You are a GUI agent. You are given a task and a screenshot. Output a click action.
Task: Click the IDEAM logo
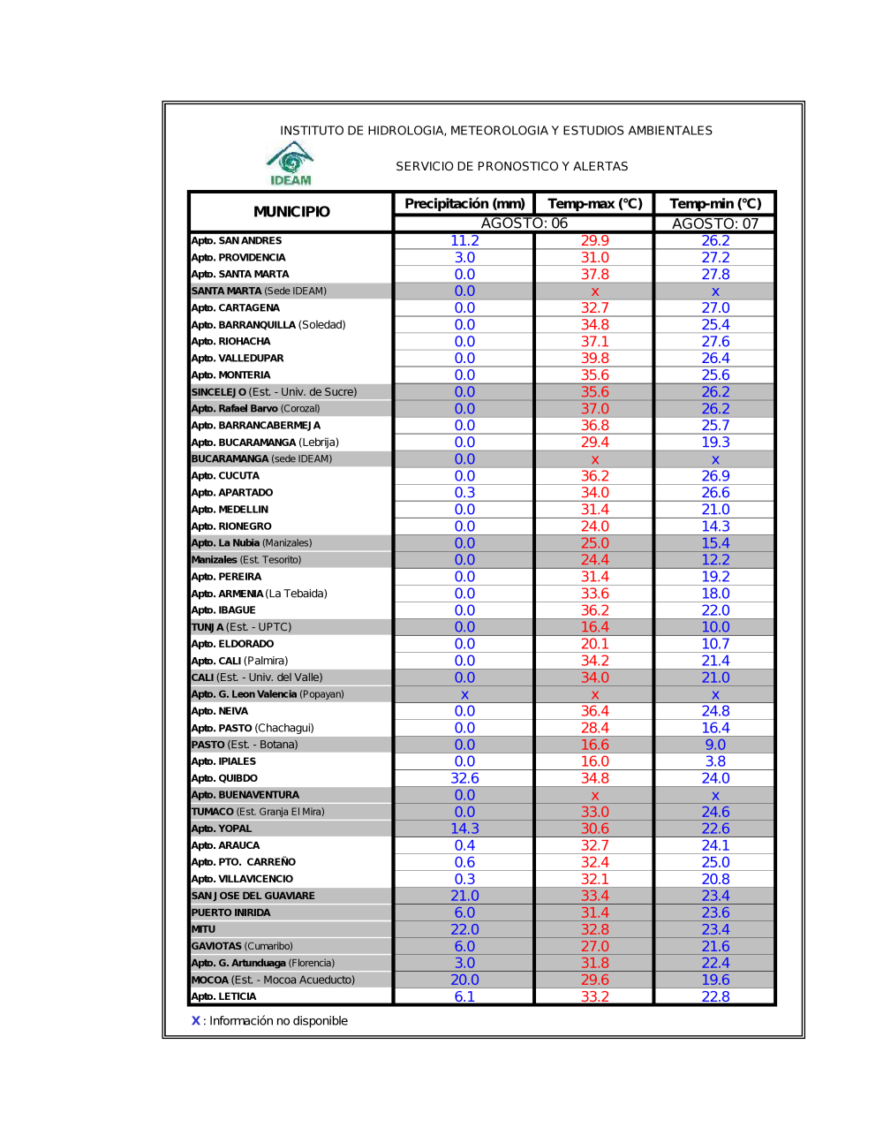coord(291,163)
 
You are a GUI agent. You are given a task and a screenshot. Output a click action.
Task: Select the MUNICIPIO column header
coord(291,212)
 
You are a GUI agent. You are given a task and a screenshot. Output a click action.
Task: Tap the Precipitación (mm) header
coord(464,204)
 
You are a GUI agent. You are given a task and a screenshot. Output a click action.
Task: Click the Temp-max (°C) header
coord(594,204)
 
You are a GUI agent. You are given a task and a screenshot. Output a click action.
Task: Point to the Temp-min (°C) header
coord(715,204)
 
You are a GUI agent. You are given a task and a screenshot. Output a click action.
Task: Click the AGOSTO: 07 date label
coord(715,223)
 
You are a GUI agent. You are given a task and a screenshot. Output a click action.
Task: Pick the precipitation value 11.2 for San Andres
coord(464,241)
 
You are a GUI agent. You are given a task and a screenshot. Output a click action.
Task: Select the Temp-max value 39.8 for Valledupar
coord(594,359)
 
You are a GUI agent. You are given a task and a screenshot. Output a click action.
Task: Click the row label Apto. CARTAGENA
coord(236,308)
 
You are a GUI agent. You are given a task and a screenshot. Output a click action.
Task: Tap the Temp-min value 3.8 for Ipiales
coord(715,761)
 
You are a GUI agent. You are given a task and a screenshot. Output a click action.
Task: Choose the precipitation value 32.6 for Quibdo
coord(464,778)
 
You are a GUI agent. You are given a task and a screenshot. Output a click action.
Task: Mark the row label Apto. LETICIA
coord(224,996)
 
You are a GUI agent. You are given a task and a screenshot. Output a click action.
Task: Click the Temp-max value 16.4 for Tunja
coord(594,627)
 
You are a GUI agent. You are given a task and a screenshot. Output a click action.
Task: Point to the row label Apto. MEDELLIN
coord(230,510)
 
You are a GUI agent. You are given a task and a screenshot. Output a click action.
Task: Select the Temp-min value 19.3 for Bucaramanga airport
coord(715,443)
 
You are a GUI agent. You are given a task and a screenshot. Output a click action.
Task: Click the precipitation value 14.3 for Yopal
coord(464,829)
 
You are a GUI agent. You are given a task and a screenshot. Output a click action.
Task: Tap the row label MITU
coord(204,929)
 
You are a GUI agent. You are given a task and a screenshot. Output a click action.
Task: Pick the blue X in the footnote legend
coord(196,1021)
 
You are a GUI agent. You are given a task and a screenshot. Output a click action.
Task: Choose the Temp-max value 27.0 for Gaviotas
coord(594,946)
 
